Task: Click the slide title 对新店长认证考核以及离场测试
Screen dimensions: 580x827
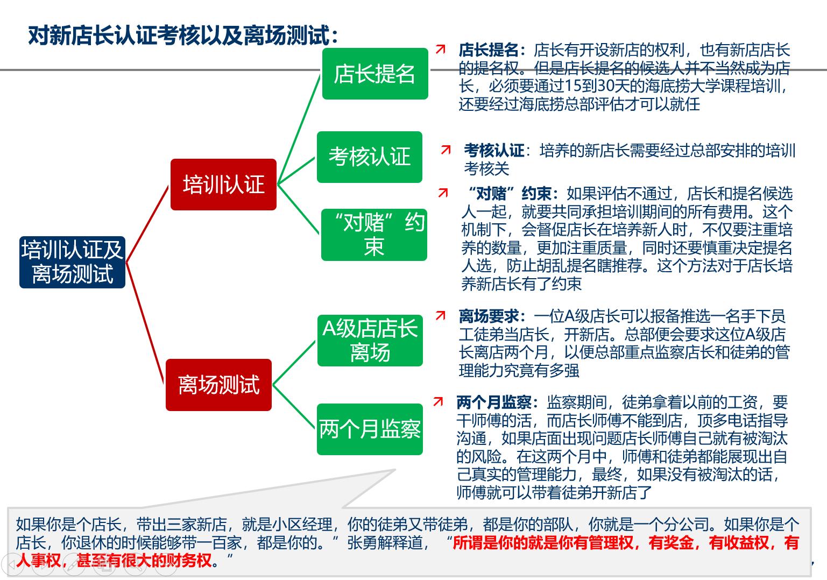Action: (183, 36)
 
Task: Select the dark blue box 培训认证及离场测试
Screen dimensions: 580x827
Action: (72, 262)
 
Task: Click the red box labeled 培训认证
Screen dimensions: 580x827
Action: (223, 185)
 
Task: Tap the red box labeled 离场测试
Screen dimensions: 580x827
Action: (218, 385)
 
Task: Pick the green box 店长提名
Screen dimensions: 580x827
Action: (375, 74)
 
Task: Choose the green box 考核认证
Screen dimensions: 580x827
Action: (370, 157)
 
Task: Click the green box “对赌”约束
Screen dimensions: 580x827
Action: (374, 235)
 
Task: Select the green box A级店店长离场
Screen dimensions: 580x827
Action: (370, 341)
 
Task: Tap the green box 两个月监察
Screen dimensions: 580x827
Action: (370, 429)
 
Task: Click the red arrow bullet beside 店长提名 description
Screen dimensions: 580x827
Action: (441, 49)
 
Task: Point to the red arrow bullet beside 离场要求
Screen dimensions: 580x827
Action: (441, 316)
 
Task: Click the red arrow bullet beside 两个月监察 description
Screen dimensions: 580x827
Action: (439, 401)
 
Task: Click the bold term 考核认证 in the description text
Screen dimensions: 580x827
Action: (494, 151)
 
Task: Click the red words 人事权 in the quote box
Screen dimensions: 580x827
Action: (38, 561)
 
